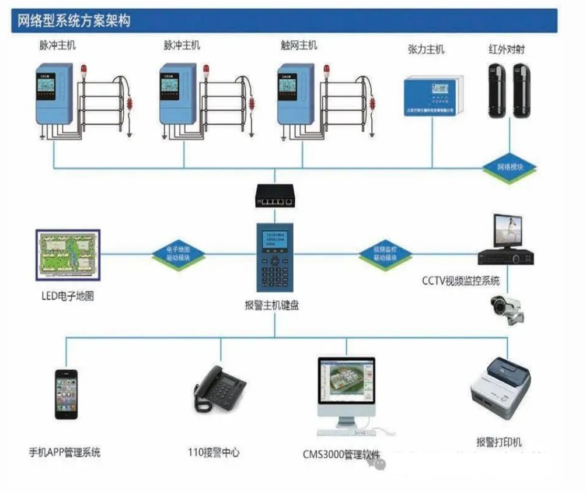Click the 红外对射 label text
pos(506,50)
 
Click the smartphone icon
pos(66,394)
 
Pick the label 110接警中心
pos(214,453)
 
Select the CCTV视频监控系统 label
pos(461,281)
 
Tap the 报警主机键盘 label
pos(272,305)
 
